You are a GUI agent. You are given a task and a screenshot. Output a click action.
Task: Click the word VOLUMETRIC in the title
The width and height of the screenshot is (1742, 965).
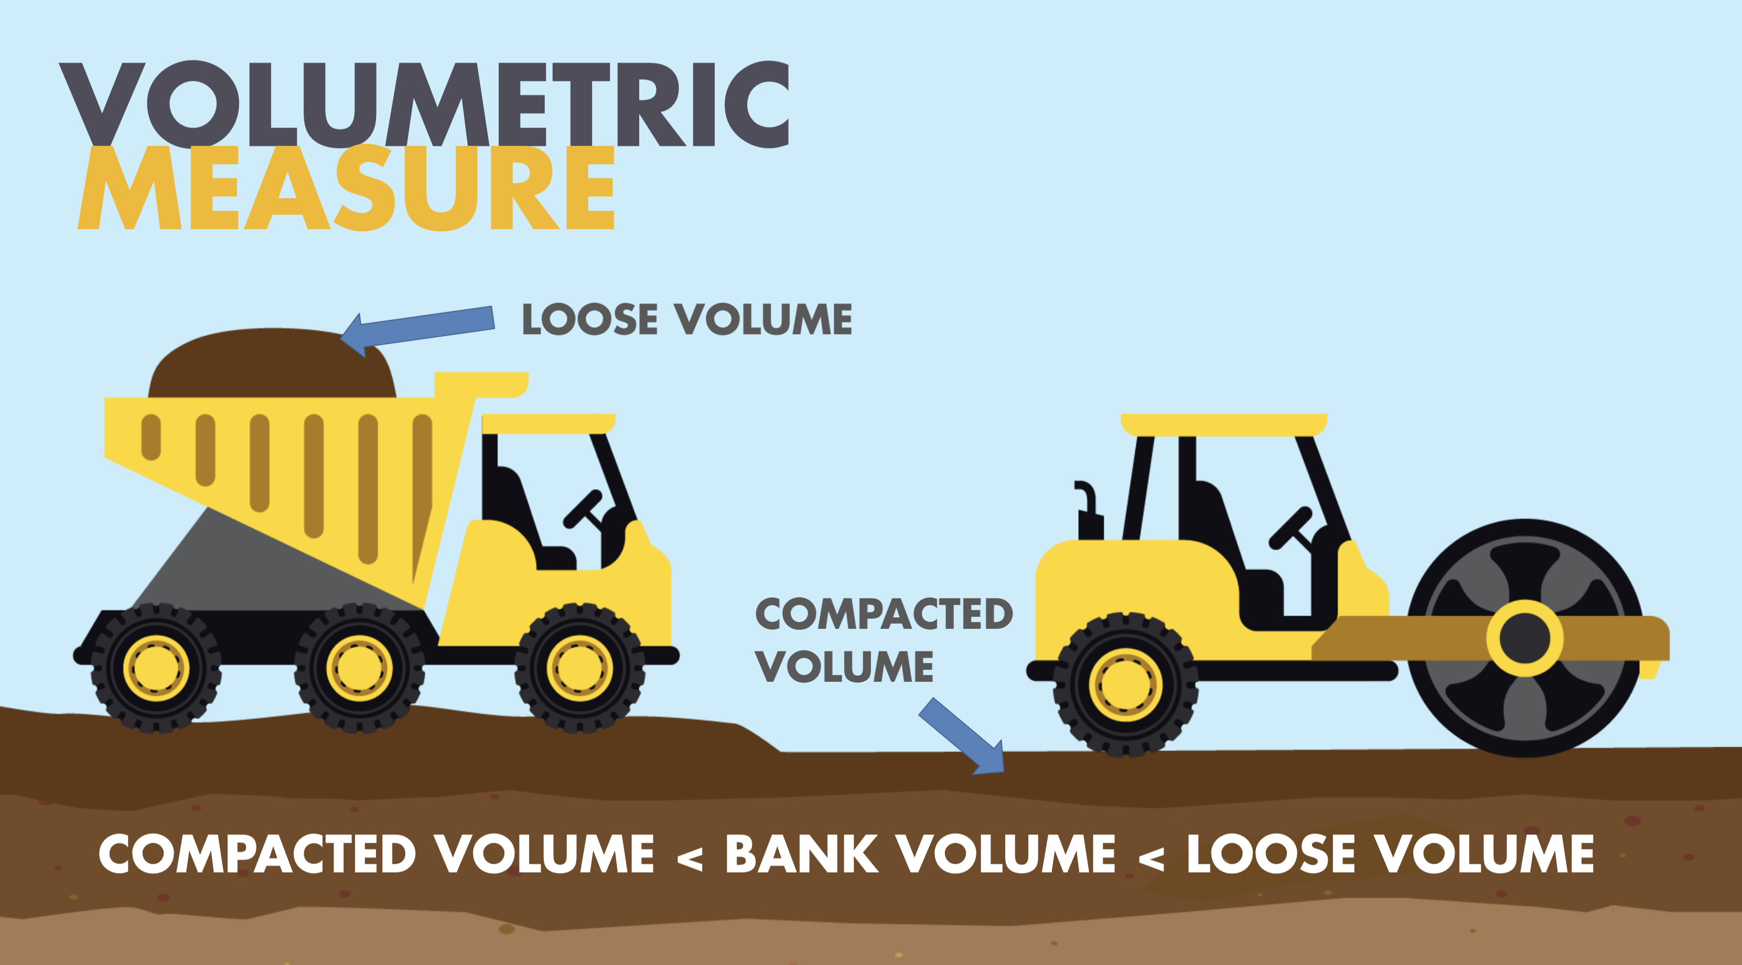(425, 104)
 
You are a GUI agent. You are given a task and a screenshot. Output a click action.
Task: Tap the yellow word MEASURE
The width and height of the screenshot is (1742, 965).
(346, 188)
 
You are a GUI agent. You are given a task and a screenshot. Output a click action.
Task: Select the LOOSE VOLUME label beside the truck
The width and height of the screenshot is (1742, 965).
(687, 319)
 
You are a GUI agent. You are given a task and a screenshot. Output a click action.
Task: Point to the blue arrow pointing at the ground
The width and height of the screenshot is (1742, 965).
(962, 736)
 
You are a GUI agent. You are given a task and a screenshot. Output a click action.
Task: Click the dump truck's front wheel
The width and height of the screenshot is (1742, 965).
(579, 668)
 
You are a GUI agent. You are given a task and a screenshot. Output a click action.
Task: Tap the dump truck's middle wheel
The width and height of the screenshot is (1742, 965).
(359, 668)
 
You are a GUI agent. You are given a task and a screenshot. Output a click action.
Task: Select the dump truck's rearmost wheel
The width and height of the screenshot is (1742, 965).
(156, 668)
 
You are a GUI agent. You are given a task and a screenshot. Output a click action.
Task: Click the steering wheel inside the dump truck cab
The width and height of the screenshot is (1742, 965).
(584, 509)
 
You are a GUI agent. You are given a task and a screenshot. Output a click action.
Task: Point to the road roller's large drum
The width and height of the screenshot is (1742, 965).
(1525, 638)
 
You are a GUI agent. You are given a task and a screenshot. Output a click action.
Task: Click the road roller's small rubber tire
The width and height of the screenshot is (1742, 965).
(1126, 684)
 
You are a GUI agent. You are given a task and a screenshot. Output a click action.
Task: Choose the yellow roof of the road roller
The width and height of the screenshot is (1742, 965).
(1224, 425)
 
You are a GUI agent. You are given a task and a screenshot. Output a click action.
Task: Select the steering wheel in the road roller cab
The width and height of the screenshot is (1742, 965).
(1291, 528)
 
